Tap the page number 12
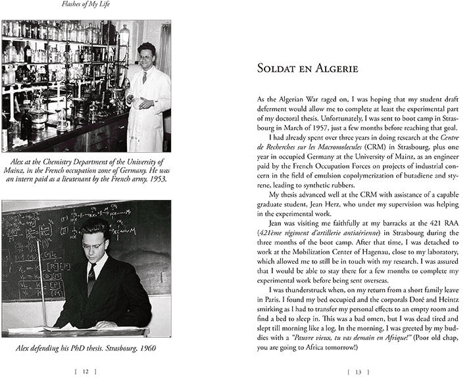coord(85,371)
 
